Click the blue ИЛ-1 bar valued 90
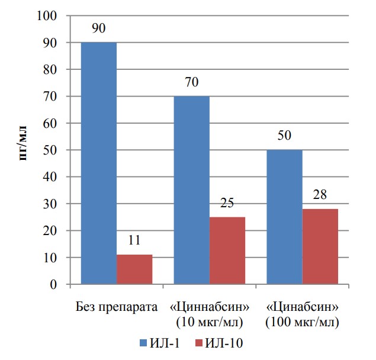click(98, 163)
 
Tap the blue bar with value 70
click(191, 190)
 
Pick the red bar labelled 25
click(227, 250)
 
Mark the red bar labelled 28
click(320, 246)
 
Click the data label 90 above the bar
click(99, 29)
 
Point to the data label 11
click(134, 242)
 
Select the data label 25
click(227, 204)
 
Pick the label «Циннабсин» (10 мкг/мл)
click(209, 314)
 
